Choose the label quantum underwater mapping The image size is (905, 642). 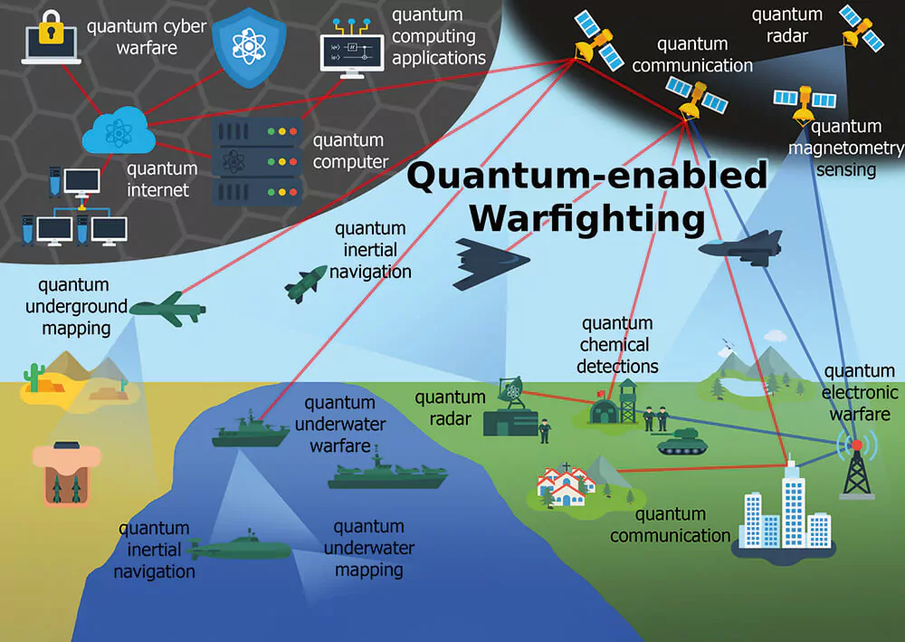click(x=368, y=548)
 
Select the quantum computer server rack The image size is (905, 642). click(x=256, y=162)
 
